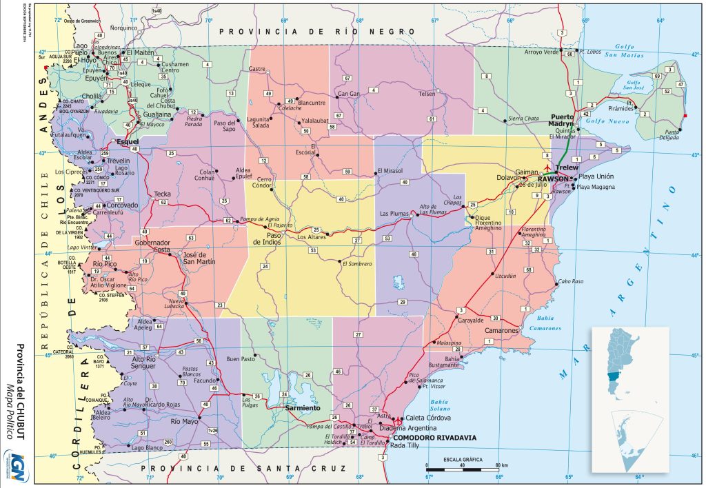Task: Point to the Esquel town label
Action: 128,142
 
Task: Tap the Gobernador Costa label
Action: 152,247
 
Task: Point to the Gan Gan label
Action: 349,94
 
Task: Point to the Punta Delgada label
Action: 666,135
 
